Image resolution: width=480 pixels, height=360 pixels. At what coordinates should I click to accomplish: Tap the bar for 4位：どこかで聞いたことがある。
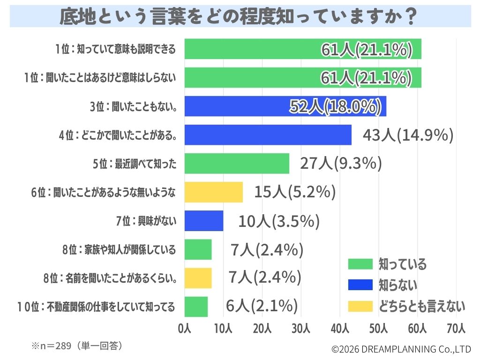[268, 135]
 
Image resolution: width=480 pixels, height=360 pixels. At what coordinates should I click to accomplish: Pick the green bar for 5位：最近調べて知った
[237, 164]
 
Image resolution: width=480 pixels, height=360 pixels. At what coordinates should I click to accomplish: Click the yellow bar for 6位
[214, 192]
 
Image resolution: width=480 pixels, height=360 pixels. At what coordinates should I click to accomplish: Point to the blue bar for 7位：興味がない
[204, 221]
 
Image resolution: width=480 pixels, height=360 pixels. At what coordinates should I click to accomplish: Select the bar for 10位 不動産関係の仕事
[196, 307]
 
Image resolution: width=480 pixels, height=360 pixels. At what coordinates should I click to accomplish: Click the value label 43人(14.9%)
[408, 135]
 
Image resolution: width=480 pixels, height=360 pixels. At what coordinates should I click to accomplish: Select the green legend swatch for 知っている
[360, 264]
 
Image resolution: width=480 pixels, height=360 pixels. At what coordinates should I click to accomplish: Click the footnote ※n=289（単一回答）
[77, 346]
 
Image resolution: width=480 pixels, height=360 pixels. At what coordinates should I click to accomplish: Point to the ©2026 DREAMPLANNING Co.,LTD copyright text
[401, 349]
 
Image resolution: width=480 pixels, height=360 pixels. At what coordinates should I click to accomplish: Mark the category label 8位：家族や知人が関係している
[119, 250]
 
